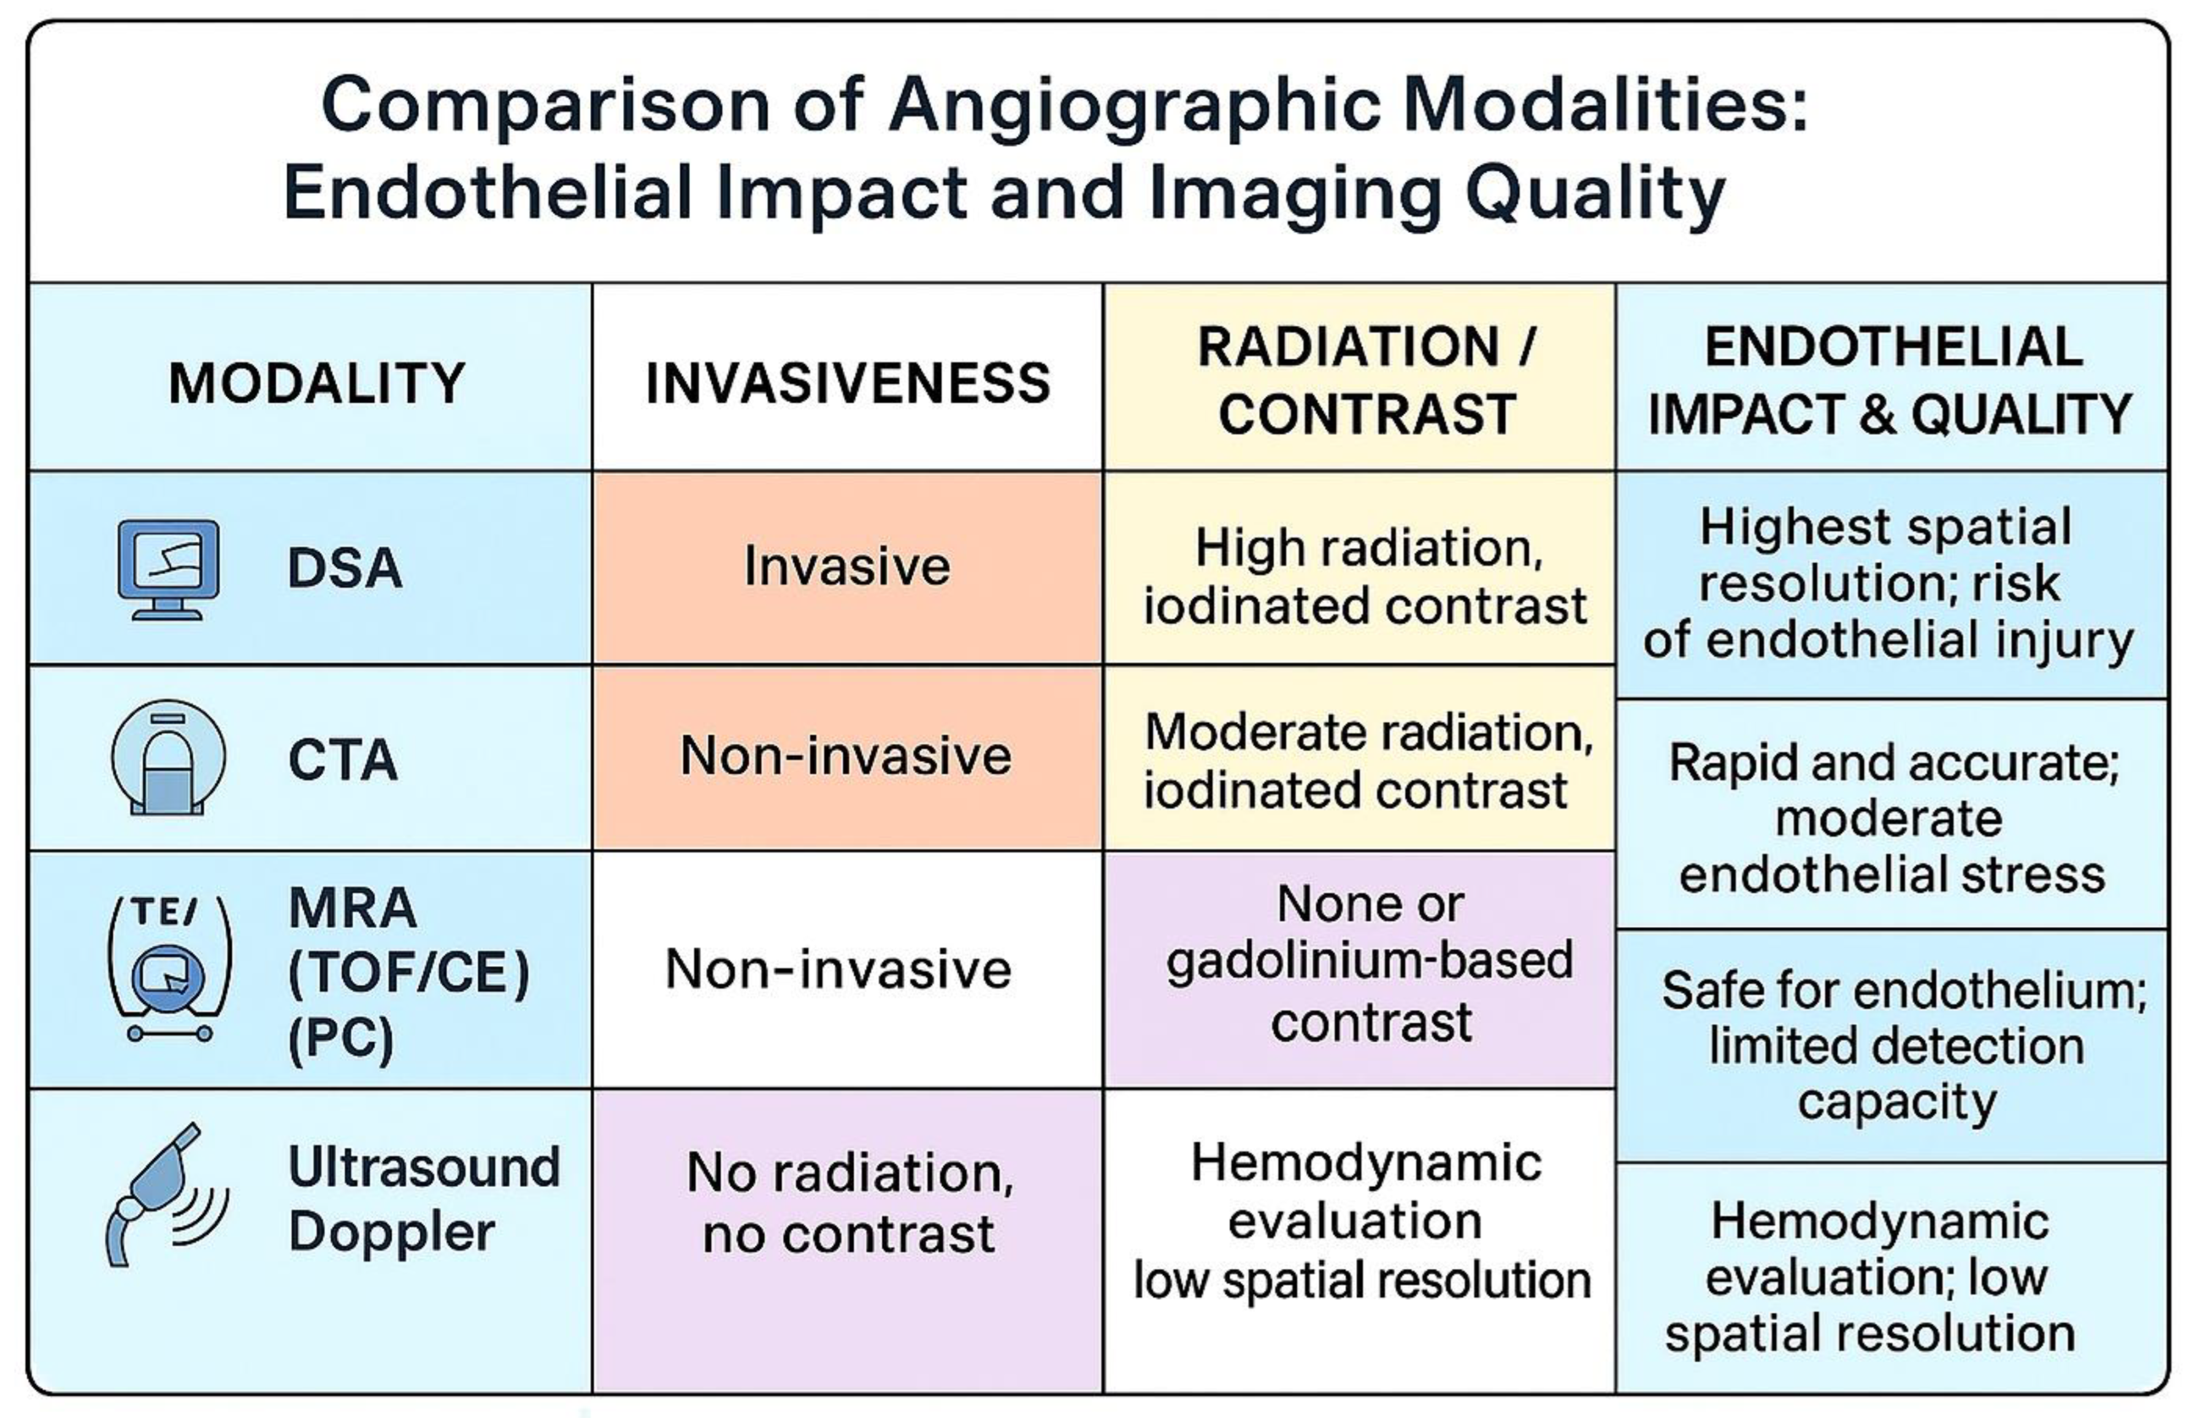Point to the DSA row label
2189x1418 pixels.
(345, 568)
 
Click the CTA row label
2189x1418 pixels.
(343, 760)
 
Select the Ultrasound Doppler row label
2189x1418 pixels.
(424, 1199)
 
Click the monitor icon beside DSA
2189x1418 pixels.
(168, 569)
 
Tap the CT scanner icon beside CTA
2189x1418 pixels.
(168, 758)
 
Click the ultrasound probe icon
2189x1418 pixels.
(166, 1194)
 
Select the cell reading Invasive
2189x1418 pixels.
(847, 565)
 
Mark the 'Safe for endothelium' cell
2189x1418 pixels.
(1898, 1046)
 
